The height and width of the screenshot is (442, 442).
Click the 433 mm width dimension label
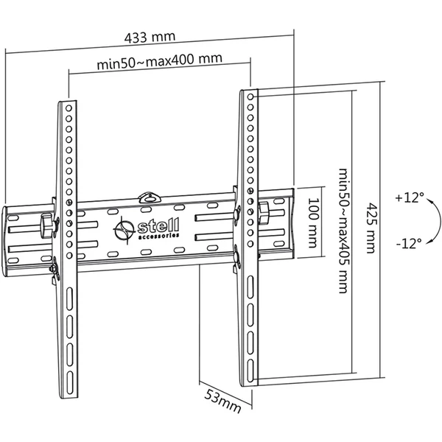coord(150,38)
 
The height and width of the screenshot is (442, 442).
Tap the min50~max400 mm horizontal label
coord(160,61)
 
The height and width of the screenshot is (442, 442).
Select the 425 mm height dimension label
coord(371,228)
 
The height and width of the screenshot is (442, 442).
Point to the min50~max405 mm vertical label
coord(343,231)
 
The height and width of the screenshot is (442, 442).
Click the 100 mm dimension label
coord(313,222)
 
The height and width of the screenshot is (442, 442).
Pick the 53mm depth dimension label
coord(222,401)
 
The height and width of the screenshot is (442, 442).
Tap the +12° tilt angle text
coord(410,197)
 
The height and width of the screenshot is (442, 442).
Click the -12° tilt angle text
coord(409,243)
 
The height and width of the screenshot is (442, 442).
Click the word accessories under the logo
coord(159,236)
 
